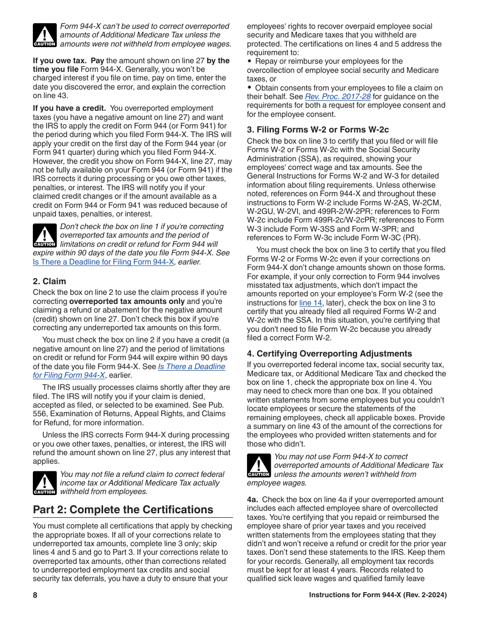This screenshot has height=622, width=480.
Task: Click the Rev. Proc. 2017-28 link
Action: (338, 97)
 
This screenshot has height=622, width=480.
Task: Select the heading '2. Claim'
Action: (50, 281)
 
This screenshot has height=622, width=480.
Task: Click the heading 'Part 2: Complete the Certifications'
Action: (123, 509)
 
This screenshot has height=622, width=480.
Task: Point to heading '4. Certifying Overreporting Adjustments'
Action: (329, 353)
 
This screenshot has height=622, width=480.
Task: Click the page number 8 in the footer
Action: (35, 595)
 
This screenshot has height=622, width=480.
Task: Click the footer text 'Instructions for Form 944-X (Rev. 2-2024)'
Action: (377, 595)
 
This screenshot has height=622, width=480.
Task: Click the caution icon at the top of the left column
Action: (44, 35)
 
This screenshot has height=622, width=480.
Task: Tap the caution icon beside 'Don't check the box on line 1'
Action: (44, 236)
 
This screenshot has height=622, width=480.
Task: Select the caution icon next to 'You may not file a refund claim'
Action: (44, 483)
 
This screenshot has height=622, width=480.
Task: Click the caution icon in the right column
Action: (259, 465)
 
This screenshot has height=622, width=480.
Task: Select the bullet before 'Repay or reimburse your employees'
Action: (250, 61)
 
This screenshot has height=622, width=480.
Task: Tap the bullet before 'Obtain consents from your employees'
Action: (250, 88)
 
